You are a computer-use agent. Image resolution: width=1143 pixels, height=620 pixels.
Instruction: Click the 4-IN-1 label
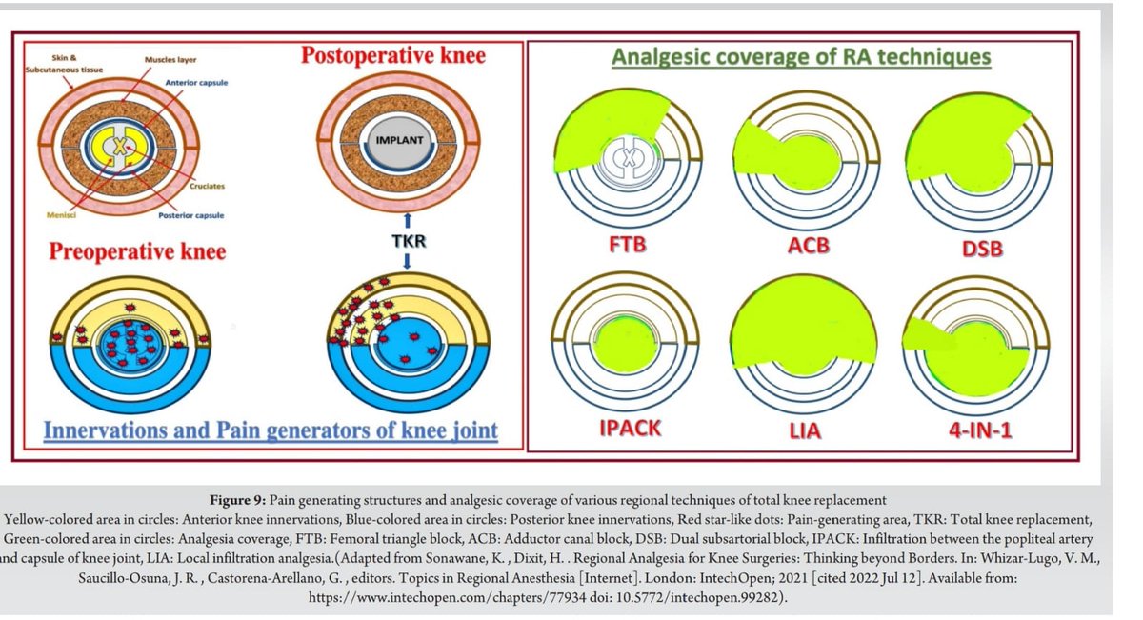click(x=978, y=430)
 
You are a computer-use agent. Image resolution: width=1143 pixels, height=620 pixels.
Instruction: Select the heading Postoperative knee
click(x=393, y=54)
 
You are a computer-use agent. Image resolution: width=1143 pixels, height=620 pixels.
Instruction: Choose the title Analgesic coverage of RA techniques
click(x=801, y=57)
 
